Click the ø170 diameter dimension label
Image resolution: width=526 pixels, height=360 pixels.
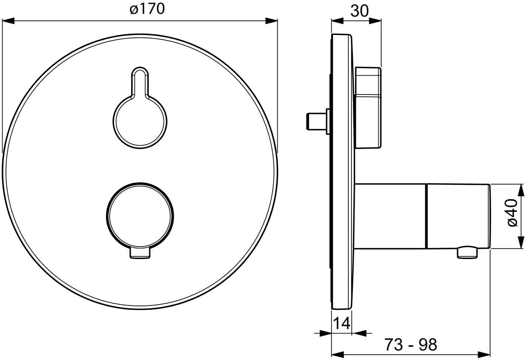point(147,9)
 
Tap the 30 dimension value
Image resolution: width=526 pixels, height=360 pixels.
point(359,11)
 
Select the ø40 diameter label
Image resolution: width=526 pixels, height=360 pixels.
point(512,213)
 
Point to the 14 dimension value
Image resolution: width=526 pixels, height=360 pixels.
point(342,323)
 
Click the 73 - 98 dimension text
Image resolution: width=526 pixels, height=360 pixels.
point(411,345)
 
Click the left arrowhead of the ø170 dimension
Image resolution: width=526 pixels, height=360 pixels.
point(8,21)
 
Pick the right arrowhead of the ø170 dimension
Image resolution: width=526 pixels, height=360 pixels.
point(271,21)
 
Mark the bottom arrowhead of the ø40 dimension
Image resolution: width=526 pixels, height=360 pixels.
point(521,242)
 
